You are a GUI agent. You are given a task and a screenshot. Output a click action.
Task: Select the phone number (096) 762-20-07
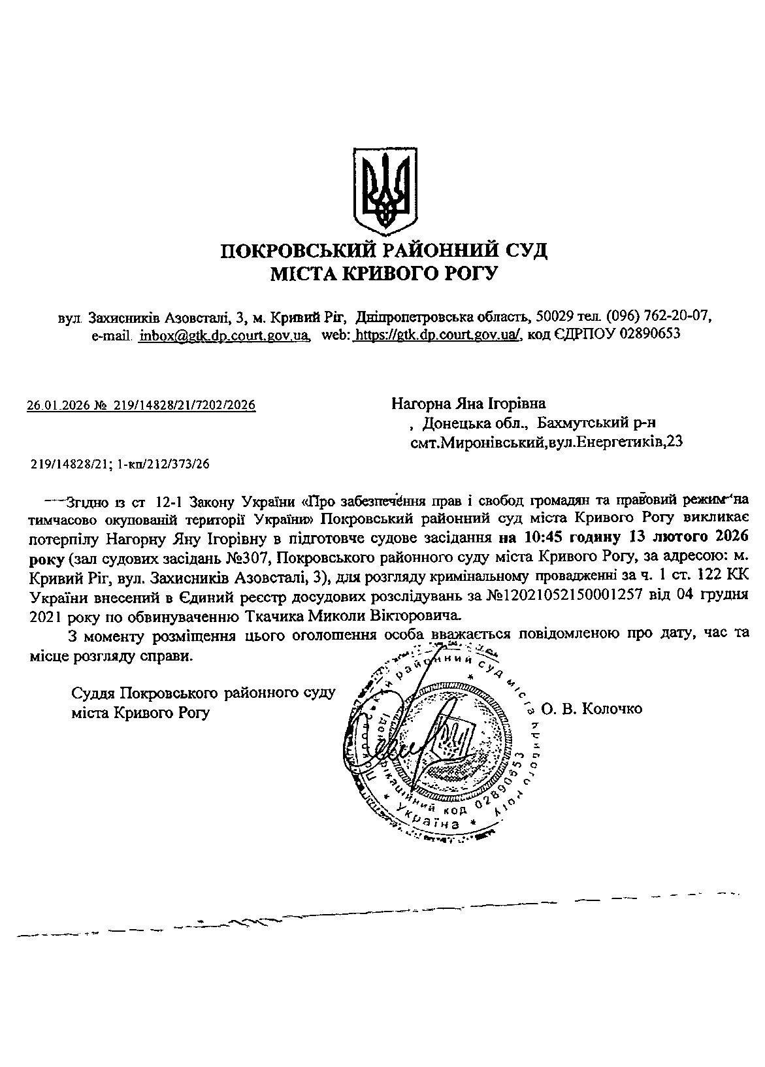658,317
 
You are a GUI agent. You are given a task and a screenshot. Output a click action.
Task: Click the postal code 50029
554,317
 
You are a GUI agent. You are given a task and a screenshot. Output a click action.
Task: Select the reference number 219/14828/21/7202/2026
184,406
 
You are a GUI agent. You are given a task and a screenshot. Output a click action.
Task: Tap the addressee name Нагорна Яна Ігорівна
468,403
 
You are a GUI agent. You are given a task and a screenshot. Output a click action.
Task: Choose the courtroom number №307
249,558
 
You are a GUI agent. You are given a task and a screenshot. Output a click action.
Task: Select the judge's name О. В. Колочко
592,709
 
